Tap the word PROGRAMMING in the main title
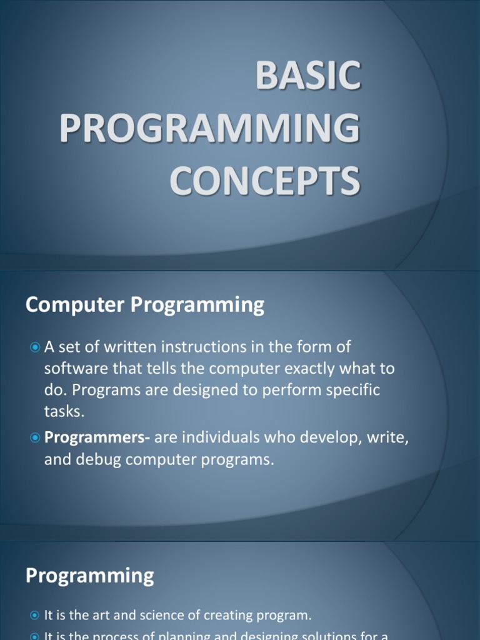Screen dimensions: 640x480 coord(210,127)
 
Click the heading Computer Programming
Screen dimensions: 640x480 coord(145,305)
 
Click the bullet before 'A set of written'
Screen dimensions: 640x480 coord(35,347)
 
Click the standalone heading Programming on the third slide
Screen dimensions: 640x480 coord(89,576)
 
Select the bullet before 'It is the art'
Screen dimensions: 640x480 coord(35,616)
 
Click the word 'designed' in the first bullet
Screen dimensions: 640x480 coord(202,390)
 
